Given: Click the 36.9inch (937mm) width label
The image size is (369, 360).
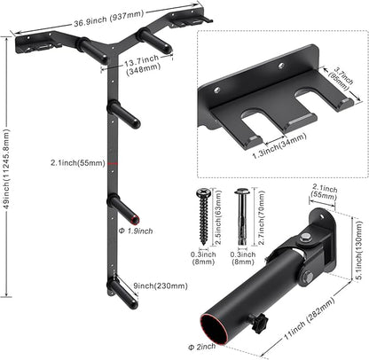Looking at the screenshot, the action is [x=108, y=18].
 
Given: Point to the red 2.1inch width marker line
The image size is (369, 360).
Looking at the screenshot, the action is [x=113, y=163].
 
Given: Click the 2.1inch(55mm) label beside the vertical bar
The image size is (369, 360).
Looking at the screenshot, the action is [x=78, y=162].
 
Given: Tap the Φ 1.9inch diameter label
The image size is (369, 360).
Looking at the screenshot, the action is [x=136, y=231].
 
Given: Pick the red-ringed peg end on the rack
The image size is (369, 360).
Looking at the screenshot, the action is [x=136, y=220].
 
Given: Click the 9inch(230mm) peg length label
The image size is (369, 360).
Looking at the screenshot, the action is [x=161, y=286].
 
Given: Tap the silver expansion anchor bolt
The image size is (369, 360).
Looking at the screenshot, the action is [x=242, y=216].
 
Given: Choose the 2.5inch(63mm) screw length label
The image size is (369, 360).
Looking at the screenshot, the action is [x=218, y=217].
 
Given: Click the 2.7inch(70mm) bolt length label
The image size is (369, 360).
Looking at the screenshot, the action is [x=262, y=218].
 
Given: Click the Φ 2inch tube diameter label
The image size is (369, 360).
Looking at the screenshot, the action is [x=202, y=347].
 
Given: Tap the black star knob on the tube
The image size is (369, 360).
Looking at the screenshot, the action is [x=258, y=323].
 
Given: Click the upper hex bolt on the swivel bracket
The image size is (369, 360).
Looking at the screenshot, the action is [x=304, y=237].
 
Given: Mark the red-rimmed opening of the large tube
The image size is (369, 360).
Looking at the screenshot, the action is [x=215, y=330].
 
